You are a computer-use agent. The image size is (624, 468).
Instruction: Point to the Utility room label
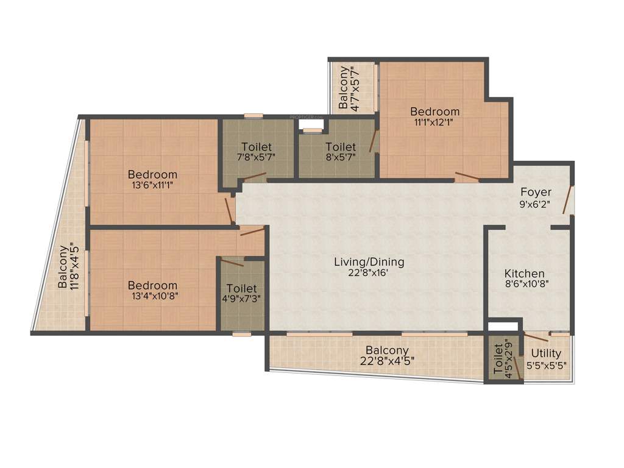tap(546, 353)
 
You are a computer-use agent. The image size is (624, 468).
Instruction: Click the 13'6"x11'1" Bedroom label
tap(152, 175)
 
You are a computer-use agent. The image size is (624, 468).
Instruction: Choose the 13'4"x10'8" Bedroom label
tap(152, 285)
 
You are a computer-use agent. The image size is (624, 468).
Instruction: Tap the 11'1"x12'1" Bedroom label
tap(434, 112)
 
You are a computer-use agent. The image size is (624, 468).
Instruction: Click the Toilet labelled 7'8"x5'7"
tap(257, 147)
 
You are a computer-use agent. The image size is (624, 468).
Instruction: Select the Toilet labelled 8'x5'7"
tap(340, 147)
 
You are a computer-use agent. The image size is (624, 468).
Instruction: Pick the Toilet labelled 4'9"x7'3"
tap(241, 288)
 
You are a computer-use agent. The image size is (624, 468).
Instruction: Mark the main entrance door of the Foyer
tap(568, 200)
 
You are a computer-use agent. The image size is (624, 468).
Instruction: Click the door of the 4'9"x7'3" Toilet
tap(232, 263)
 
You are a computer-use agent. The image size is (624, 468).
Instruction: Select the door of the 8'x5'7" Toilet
tap(372, 141)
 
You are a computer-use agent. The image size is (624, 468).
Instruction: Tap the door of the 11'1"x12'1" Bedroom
tap(467, 177)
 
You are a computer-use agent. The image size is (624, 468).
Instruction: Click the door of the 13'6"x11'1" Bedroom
tap(229, 210)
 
